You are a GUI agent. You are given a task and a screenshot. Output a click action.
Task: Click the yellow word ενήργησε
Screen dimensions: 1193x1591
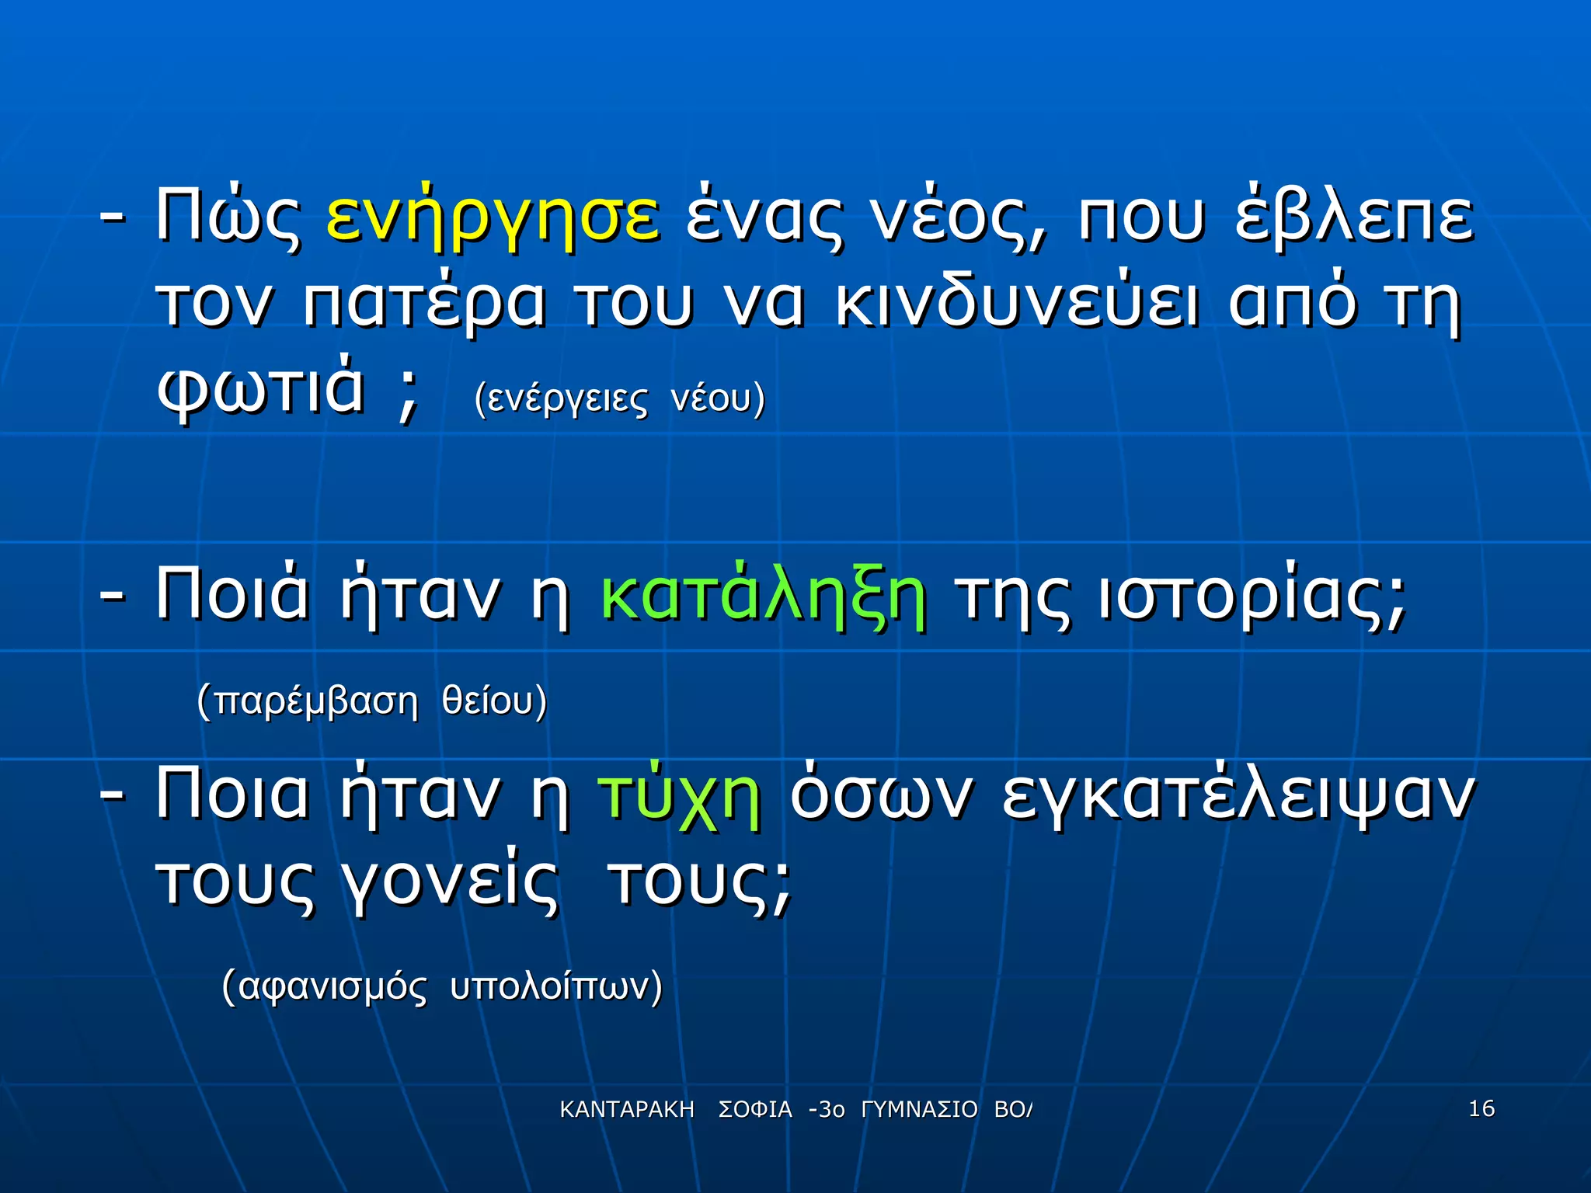(x=493, y=217)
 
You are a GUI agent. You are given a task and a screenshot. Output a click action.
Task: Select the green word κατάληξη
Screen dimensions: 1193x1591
(x=763, y=596)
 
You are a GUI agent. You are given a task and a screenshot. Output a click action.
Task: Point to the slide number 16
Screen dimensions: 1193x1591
(x=1481, y=1108)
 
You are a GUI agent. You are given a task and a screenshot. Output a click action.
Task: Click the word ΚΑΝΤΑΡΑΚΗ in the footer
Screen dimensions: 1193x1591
(x=626, y=1110)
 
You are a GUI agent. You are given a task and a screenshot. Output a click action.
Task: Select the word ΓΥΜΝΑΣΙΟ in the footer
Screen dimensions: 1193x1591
(x=919, y=1110)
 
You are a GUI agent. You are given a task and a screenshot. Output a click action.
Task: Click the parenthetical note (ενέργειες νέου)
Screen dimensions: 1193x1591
(x=619, y=399)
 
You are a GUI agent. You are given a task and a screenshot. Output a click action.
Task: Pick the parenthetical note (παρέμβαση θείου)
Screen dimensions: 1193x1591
(x=371, y=701)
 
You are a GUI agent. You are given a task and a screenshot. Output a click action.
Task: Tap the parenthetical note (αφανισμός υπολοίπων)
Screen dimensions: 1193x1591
(x=442, y=986)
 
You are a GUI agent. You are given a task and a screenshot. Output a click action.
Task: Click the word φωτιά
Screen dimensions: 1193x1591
(x=260, y=388)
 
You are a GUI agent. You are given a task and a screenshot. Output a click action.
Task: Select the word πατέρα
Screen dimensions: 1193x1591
(x=424, y=303)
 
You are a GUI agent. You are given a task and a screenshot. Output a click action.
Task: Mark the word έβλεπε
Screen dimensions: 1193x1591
(x=1353, y=215)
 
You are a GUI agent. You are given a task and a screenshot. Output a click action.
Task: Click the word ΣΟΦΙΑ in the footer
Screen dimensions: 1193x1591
(x=754, y=1110)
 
